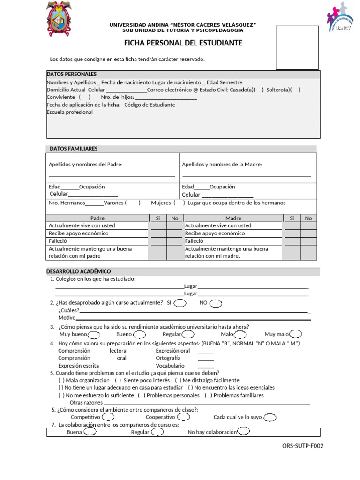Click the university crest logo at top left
[x=60, y=19]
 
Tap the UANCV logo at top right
[x=337, y=17]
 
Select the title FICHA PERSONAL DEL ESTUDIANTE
[x=183, y=43]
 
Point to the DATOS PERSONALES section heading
[x=72, y=74]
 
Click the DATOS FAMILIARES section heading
[x=74, y=149]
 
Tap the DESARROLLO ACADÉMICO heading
[x=79, y=271]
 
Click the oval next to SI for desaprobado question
[x=180, y=303]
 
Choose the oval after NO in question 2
[x=216, y=303]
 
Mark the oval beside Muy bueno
[x=94, y=334]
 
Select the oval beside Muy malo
[x=296, y=334]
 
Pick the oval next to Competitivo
[x=107, y=417]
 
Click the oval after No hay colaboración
[x=243, y=432]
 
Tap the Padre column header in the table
[x=97, y=218]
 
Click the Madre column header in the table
[x=233, y=218]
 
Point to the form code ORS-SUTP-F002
[x=303, y=446]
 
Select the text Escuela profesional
[x=70, y=112]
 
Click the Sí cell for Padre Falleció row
[x=157, y=241]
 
